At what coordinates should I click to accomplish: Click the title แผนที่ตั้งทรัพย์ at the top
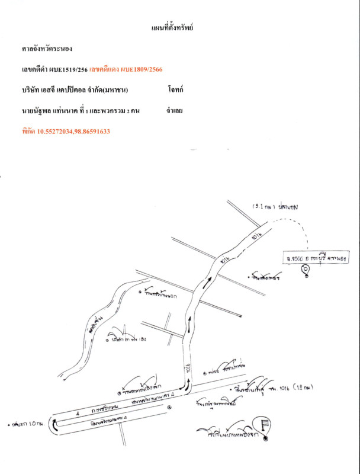click(173, 28)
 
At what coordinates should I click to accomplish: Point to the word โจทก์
click(175, 90)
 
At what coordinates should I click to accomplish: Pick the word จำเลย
click(175, 110)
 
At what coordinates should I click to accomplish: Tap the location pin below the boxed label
click(305, 271)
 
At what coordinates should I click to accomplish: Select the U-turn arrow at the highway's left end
click(55, 424)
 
